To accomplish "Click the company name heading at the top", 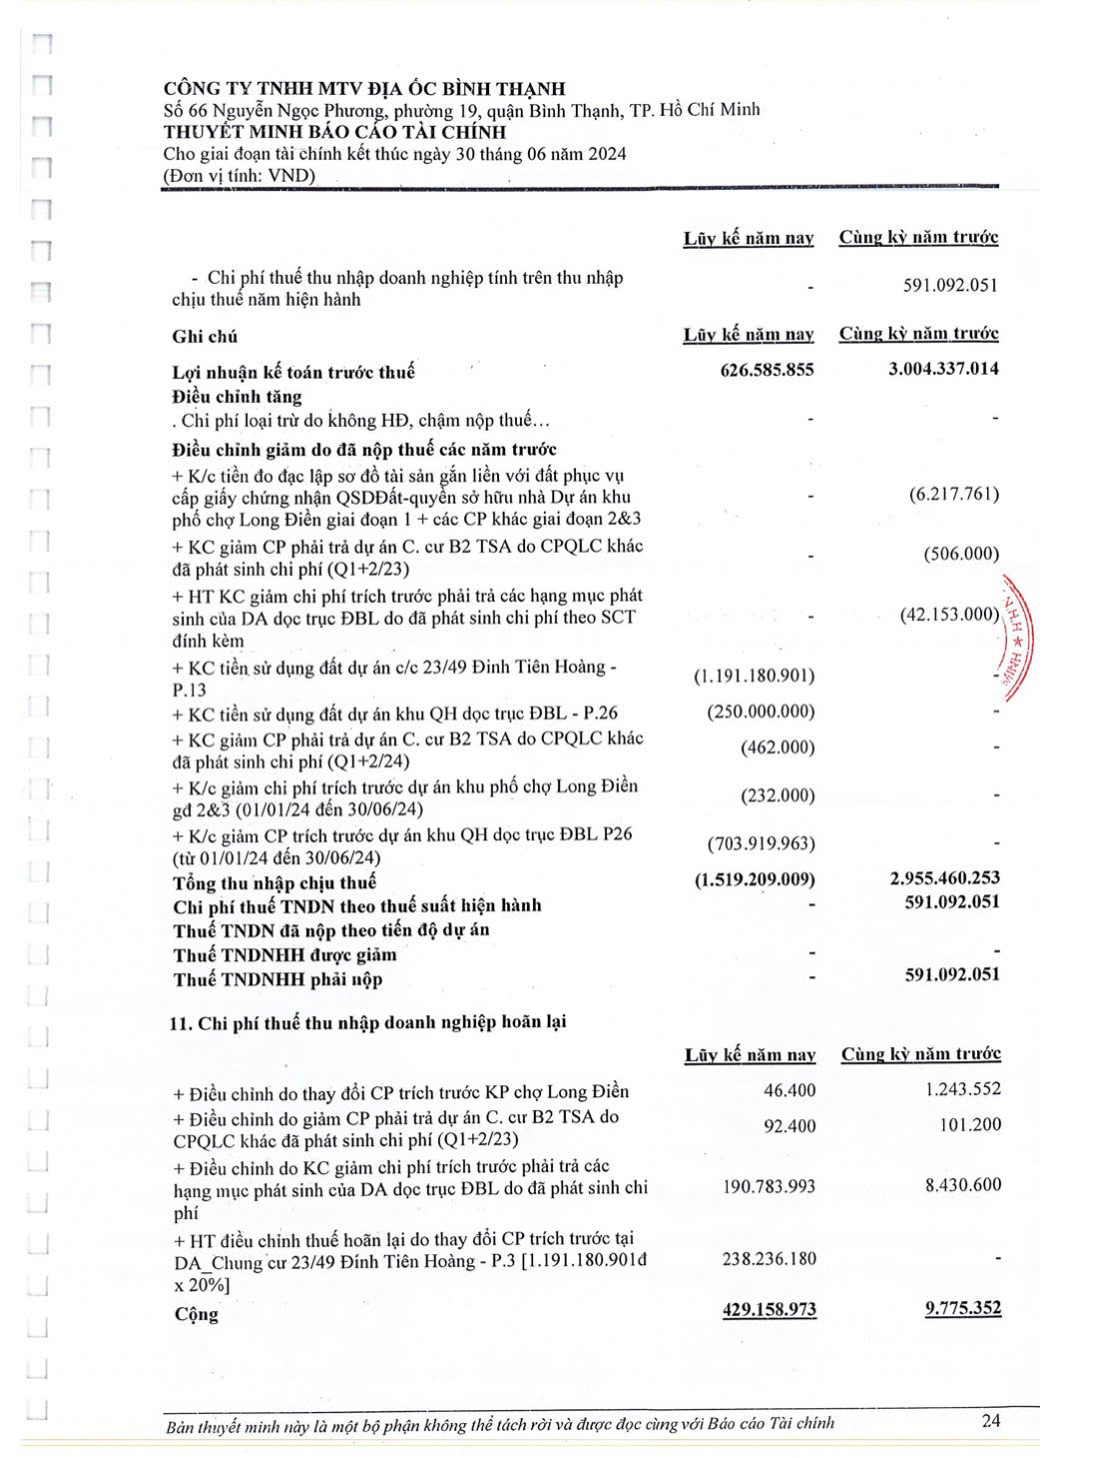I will click(364, 89).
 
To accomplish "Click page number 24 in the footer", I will click(990, 1420).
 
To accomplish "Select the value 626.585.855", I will click(767, 370).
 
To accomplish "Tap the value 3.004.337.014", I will click(943, 369).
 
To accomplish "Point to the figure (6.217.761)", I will click(954, 494).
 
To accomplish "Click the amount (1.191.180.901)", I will click(754, 677).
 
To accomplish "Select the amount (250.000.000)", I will click(760, 712).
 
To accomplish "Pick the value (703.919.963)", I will click(761, 843).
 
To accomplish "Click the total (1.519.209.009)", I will click(755, 879).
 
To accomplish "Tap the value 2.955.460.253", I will click(944, 877).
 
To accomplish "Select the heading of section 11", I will click(368, 1022).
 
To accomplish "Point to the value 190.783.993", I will click(769, 1186).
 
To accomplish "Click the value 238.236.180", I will click(769, 1258).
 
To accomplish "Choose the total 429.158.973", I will click(769, 1309).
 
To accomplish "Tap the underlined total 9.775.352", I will click(963, 1308).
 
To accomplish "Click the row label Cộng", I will click(196, 1314).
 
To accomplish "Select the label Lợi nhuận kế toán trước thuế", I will click(293, 373).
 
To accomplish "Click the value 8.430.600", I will click(963, 1185).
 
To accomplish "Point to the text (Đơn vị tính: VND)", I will click(239, 176).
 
